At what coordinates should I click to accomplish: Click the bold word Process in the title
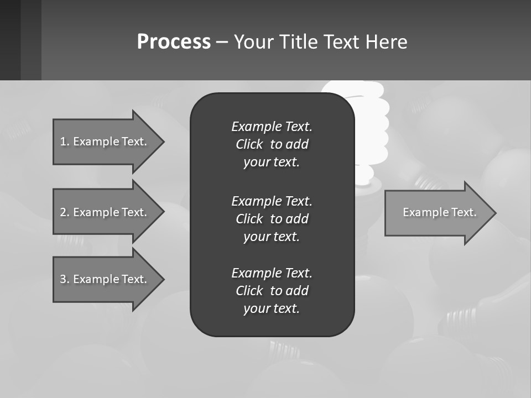[x=174, y=42]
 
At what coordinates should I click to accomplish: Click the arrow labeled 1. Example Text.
[x=103, y=142]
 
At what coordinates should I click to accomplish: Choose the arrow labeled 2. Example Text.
[x=103, y=212]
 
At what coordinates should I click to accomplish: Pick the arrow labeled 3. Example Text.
[x=103, y=279]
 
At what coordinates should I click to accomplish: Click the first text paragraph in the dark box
[x=272, y=144]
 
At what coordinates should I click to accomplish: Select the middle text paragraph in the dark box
[x=272, y=219]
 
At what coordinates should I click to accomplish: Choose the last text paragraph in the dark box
[x=272, y=291]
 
